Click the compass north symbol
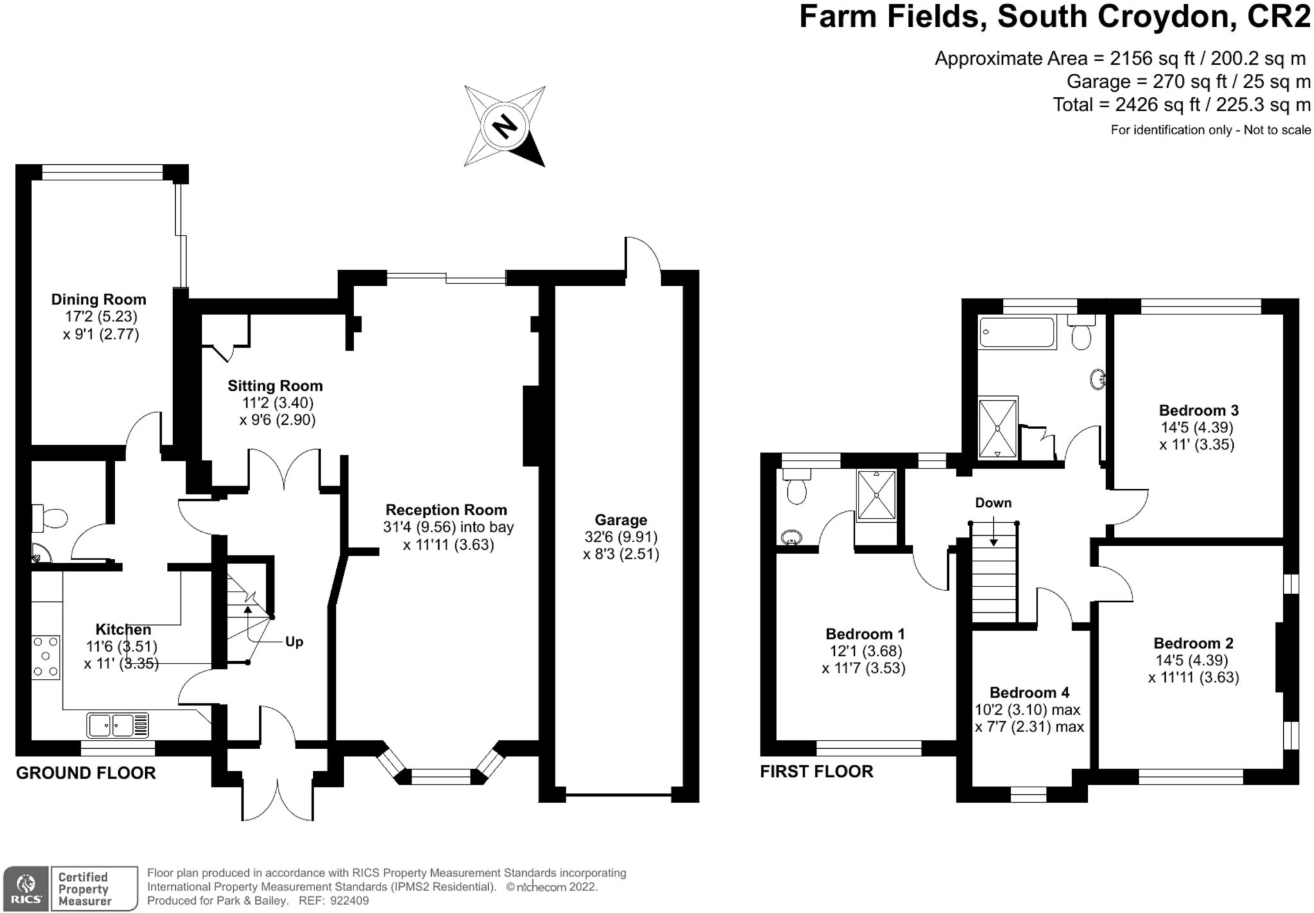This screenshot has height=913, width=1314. pyautogui.click(x=505, y=126)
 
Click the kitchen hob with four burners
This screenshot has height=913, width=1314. pyautogui.click(x=46, y=657)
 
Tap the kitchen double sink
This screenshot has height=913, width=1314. pyautogui.click(x=118, y=725)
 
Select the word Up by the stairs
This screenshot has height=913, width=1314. pyautogui.click(x=294, y=642)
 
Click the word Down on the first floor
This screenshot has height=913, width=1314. pyautogui.click(x=993, y=503)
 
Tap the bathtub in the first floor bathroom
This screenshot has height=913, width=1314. pyautogui.click(x=1018, y=332)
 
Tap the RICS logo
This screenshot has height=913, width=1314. pyautogui.click(x=26, y=889)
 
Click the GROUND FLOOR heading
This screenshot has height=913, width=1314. pyautogui.click(x=86, y=773)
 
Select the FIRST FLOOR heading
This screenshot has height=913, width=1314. pyautogui.click(x=817, y=771)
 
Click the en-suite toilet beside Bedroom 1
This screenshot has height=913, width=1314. pyautogui.click(x=796, y=487)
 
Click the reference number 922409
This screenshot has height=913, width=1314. pyautogui.click(x=350, y=901)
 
